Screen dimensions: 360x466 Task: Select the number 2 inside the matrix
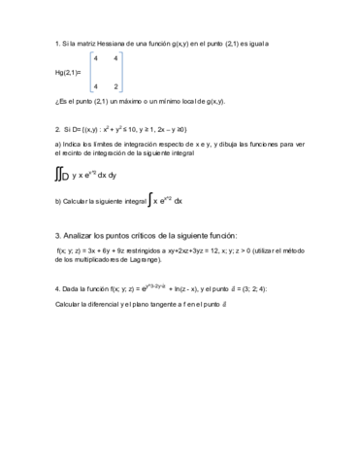(116, 87)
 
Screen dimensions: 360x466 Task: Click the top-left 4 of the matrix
(95, 59)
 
